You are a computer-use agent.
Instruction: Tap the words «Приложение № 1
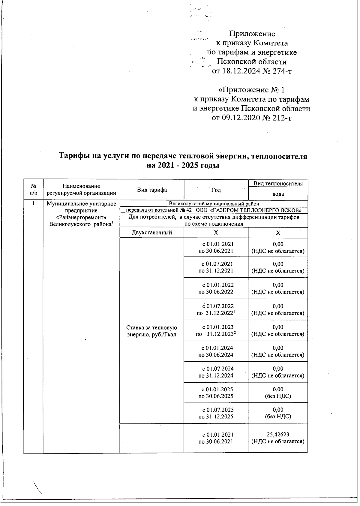pyautogui.click(x=251, y=90)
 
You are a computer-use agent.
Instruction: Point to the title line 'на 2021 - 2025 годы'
pyautogui.click(x=183, y=165)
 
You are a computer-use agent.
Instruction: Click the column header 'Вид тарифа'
pyautogui.click(x=152, y=190)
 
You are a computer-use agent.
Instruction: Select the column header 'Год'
pyautogui.click(x=216, y=190)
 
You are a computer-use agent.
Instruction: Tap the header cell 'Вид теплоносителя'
pyautogui.click(x=278, y=183)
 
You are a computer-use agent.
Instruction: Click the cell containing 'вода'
pyautogui.click(x=278, y=194)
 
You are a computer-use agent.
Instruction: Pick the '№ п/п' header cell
pyautogui.click(x=34, y=190)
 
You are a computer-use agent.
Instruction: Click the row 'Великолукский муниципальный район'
pyautogui.click(x=214, y=204)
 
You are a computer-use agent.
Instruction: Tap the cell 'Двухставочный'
pyautogui.click(x=152, y=233)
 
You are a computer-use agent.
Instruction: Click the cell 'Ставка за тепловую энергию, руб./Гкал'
pyautogui.click(x=152, y=331)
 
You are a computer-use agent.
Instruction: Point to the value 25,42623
pyautogui.click(x=278, y=434)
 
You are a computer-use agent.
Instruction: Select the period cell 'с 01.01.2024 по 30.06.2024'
pyautogui.click(x=216, y=351)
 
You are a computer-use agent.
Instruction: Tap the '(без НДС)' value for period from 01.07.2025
pyautogui.click(x=278, y=417)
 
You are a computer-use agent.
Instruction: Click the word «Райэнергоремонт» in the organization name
pyautogui.click(x=81, y=217)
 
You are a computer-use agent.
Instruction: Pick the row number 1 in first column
pyautogui.click(x=34, y=204)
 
